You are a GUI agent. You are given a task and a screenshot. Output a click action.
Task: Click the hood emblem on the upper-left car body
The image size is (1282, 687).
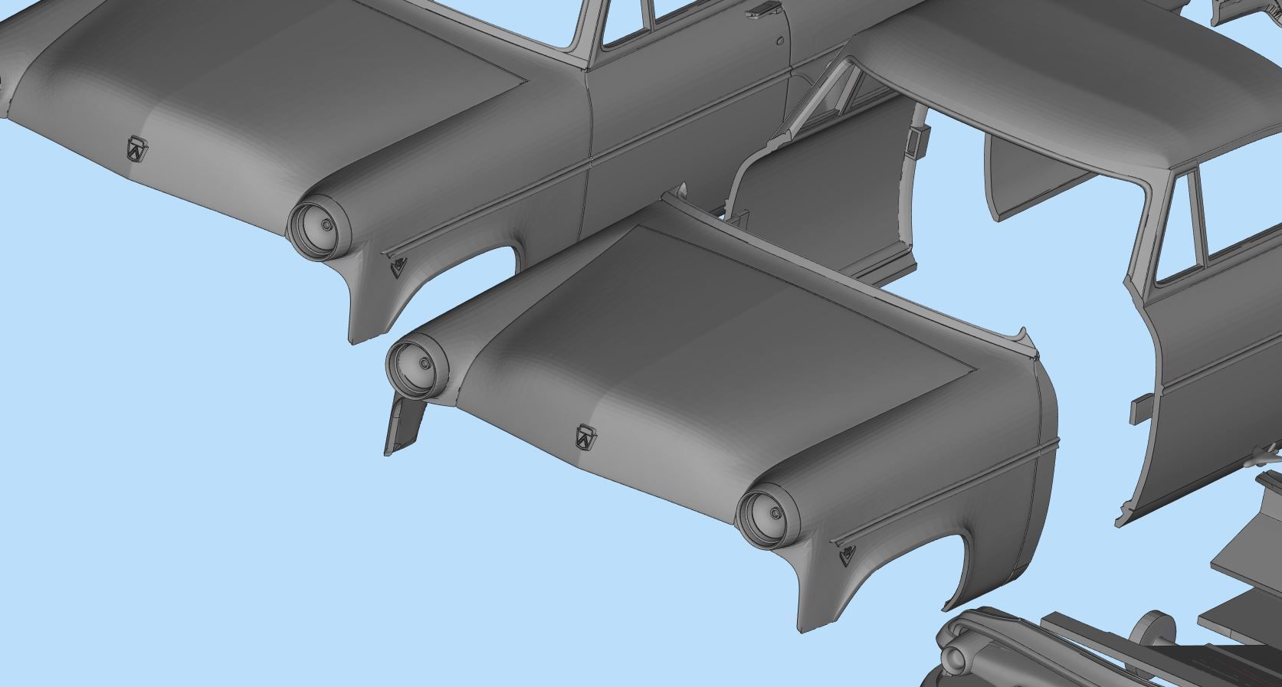(137, 149)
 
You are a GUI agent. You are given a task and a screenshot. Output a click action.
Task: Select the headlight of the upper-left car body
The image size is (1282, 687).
(316, 227)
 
